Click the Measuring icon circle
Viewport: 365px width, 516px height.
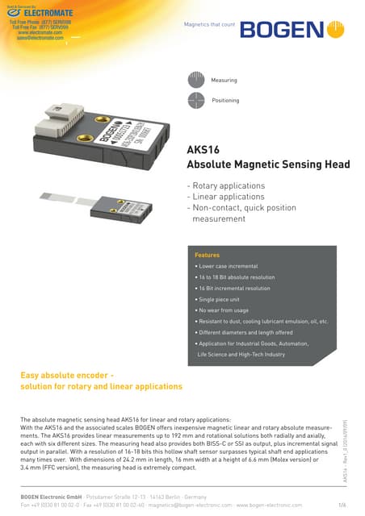tap(195, 80)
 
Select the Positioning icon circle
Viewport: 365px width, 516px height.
tap(195, 101)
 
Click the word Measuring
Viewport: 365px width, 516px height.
tap(224, 81)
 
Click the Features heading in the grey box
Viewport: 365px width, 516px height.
tap(208, 255)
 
